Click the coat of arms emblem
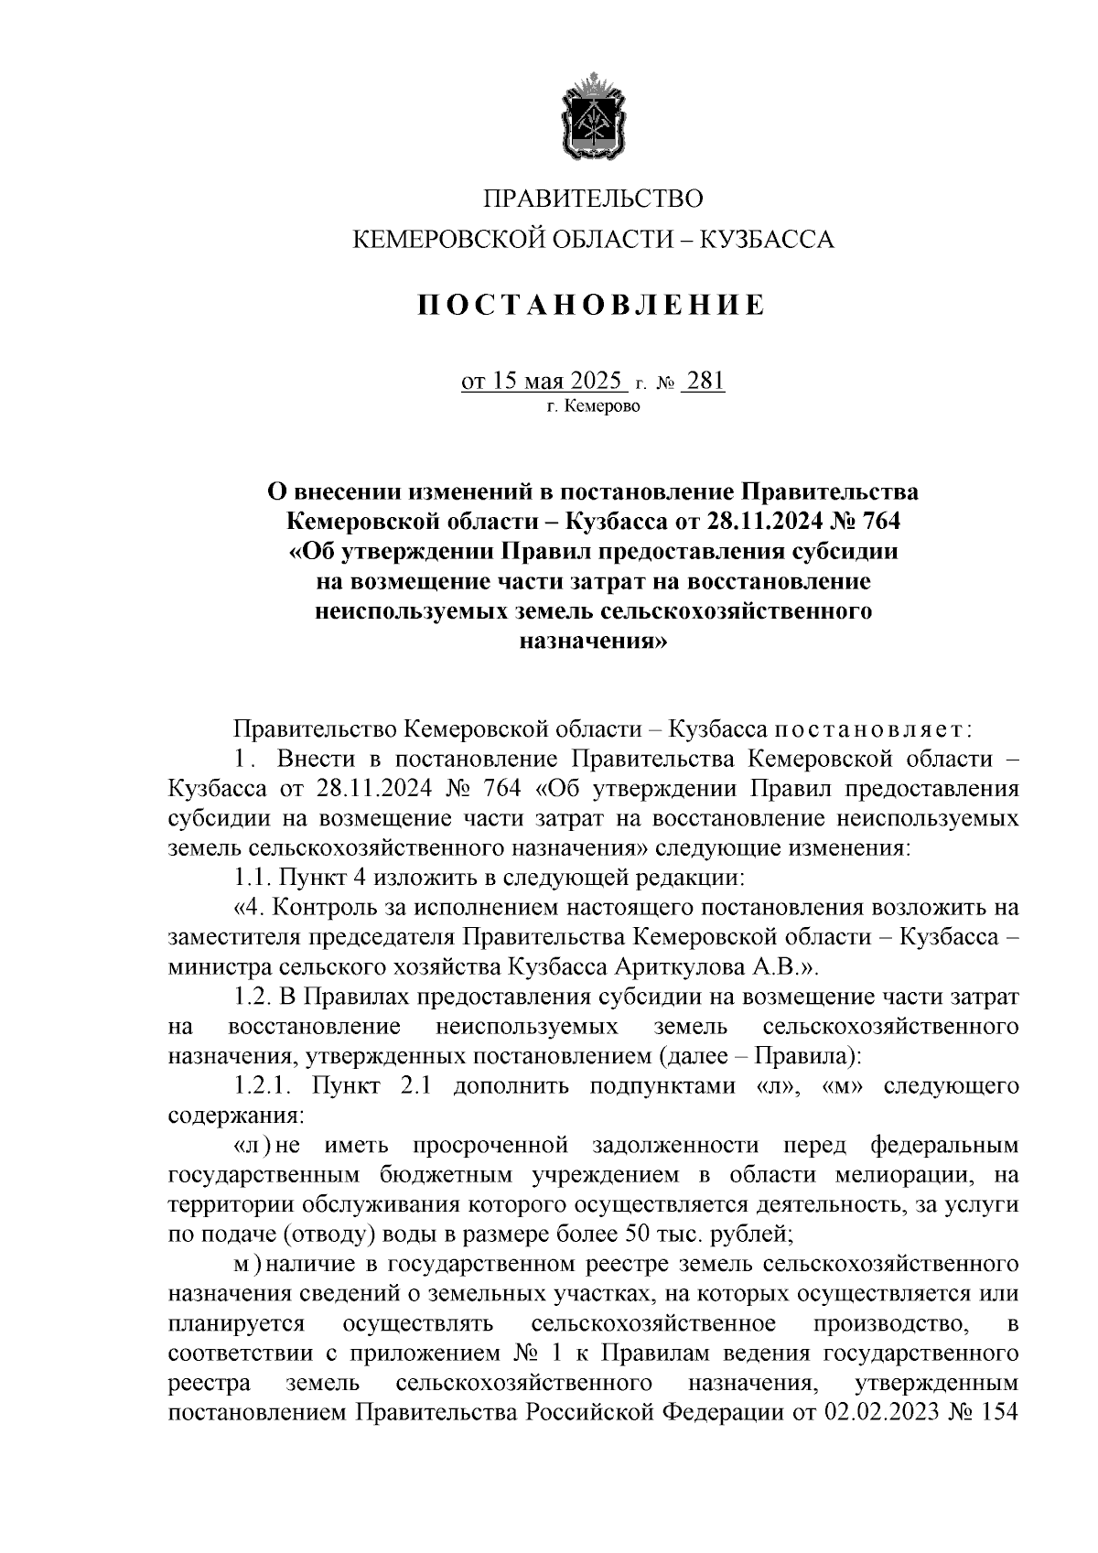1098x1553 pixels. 593,120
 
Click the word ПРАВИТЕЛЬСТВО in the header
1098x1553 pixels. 593,199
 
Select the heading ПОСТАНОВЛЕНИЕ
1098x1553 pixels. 592,304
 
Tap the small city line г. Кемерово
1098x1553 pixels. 594,406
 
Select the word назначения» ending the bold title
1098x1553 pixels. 593,642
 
